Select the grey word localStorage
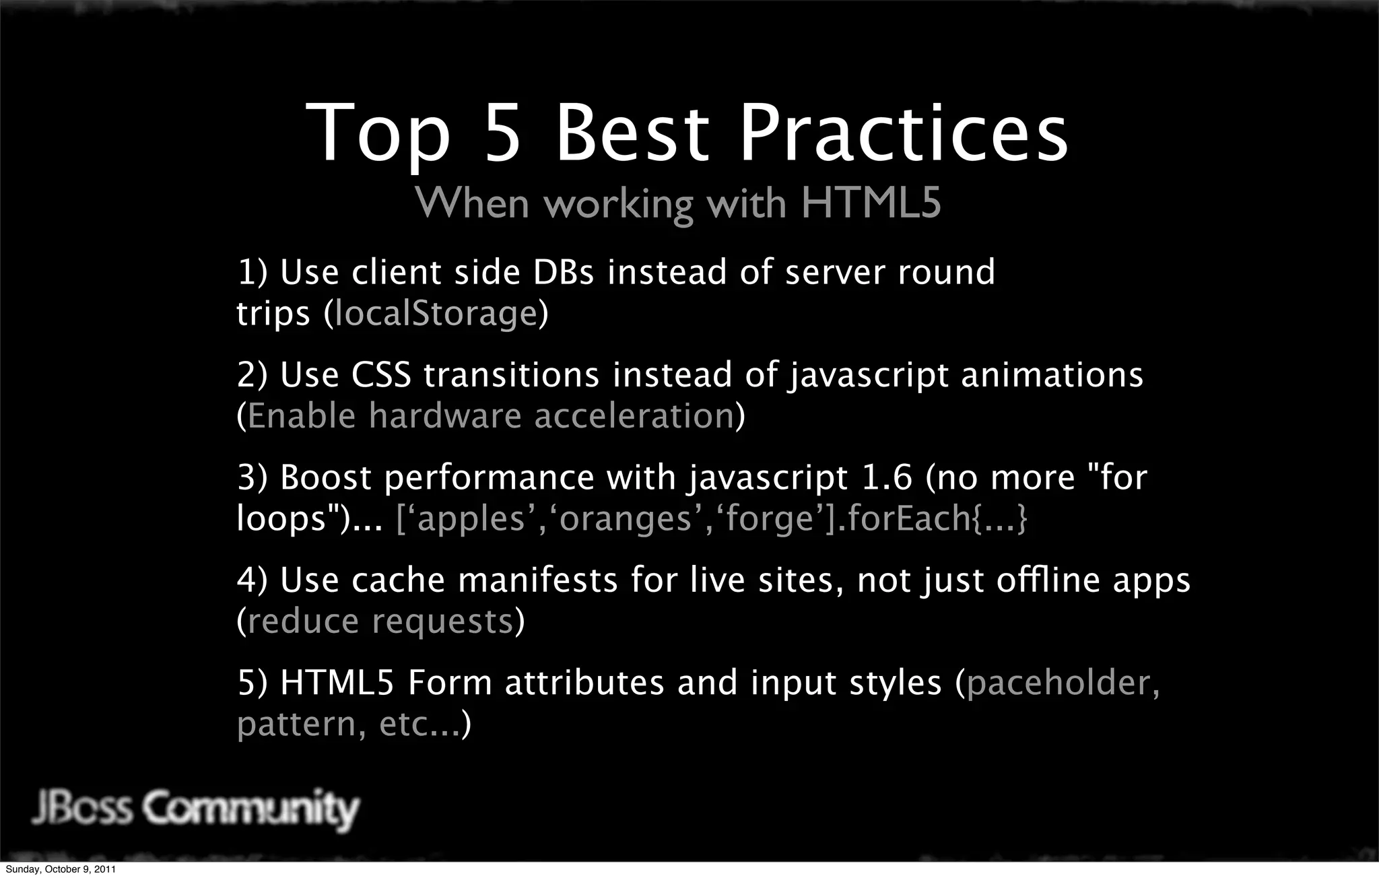[x=436, y=314]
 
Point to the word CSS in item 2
[x=380, y=375]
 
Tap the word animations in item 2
[x=1052, y=375]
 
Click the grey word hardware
[x=445, y=415]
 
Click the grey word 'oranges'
[x=626, y=518]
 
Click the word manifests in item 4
[x=537, y=580]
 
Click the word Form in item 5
[x=450, y=683]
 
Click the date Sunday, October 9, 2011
[x=61, y=869]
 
